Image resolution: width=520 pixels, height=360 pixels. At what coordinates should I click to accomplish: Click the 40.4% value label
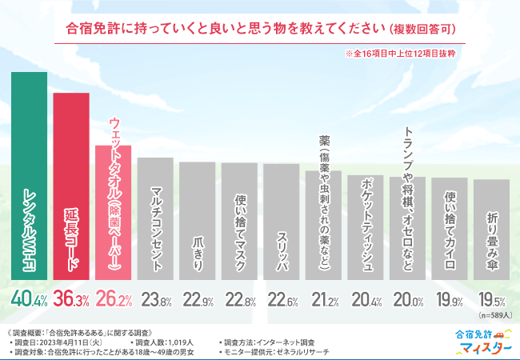point(30,299)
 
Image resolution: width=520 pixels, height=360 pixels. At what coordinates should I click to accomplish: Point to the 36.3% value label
point(71,299)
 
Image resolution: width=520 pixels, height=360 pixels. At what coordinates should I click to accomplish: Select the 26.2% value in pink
point(113,299)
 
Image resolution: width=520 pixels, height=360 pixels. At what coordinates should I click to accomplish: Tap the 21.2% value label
point(323,300)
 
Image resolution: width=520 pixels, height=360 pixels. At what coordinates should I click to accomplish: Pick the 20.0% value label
point(407,300)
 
